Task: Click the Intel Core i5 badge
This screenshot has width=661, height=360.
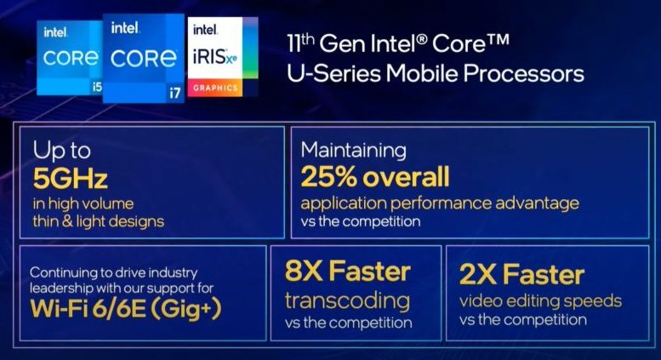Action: tap(70, 58)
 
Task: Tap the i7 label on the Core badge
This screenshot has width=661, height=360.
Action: tap(174, 93)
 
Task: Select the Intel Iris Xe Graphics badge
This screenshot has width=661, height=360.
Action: tap(222, 56)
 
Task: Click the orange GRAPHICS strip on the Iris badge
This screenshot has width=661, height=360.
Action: tap(215, 88)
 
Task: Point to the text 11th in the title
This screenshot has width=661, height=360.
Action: tap(300, 43)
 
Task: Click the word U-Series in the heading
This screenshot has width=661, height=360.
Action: tap(333, 73)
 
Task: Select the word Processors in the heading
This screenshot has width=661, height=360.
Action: tap(523, 73)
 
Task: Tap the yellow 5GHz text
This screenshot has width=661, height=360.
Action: tap(70, 179)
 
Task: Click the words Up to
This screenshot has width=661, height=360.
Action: tap(61, 151)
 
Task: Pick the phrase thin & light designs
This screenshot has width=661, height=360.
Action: tap(98, 221)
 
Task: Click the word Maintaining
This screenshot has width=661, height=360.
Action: tap(354, 151)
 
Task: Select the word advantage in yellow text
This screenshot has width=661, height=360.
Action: tap(537, 203)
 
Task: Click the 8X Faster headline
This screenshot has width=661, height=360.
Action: tap(347, 271)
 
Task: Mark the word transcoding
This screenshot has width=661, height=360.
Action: tap(347, 302)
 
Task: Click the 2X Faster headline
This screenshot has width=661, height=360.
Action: tap(521, 274)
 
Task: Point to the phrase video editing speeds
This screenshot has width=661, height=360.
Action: tap(540, 301)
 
